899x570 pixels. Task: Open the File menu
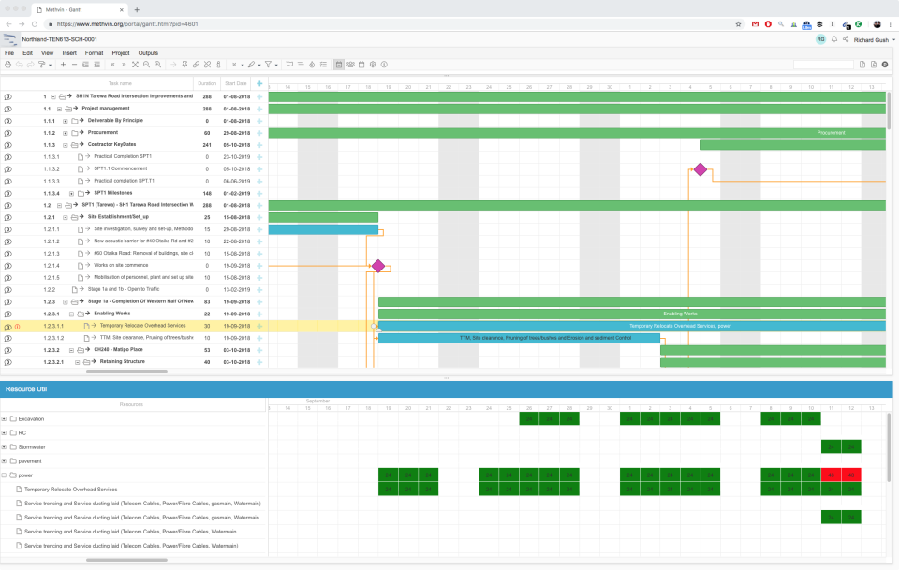coord(8,53)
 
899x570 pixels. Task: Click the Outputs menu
coord(148,53)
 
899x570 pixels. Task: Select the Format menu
coord(94,53)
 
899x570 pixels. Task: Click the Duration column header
coord(207,83)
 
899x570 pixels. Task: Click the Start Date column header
coord(235,83)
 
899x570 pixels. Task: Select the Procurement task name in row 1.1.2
coord(103,133)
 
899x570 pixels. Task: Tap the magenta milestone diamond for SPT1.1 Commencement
coord(700,169)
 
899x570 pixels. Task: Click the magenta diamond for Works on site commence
coord(378,266)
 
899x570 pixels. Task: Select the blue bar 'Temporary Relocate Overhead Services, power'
coord(631,326)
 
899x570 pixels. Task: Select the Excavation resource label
coord(31,418)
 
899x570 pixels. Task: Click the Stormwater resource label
coord(33,446)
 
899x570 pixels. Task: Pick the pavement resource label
coord(31,460)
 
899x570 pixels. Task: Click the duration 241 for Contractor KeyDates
coord(207,145)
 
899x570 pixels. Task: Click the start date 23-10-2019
coord(235,157)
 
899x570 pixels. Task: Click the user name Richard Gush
coord(871,40)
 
